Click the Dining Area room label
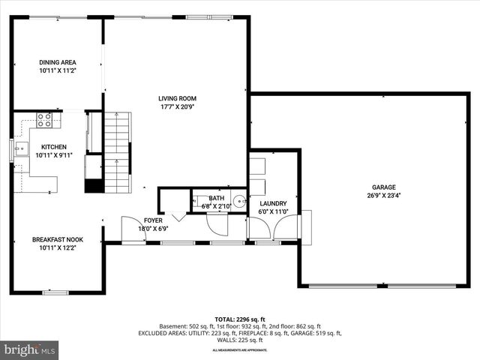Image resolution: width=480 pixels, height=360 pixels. pyautogui.click(x=57, y=62)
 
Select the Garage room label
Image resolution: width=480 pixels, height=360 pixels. pyautogui.click(x=383, y=187)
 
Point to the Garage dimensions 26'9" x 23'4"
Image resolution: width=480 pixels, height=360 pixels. pyautogui.click(x=383, y=196)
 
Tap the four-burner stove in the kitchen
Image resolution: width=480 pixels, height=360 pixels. pyautogui.click(x=44, y=118)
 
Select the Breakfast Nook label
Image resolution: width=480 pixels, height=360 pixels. pyautogui.click(x=57, y=240)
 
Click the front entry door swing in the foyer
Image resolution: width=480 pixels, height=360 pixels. pyautogui.click(x=133, y=230)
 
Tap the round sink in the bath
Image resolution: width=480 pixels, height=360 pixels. pyautogui.click(x=238, y=201)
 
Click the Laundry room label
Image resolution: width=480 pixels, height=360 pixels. pyautogui.click(x=273, y=203)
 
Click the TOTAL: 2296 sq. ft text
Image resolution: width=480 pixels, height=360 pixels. pyautogui.click(x=240, y=319)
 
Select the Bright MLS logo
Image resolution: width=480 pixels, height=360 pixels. pyautogui.click(x=30, y=349)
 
